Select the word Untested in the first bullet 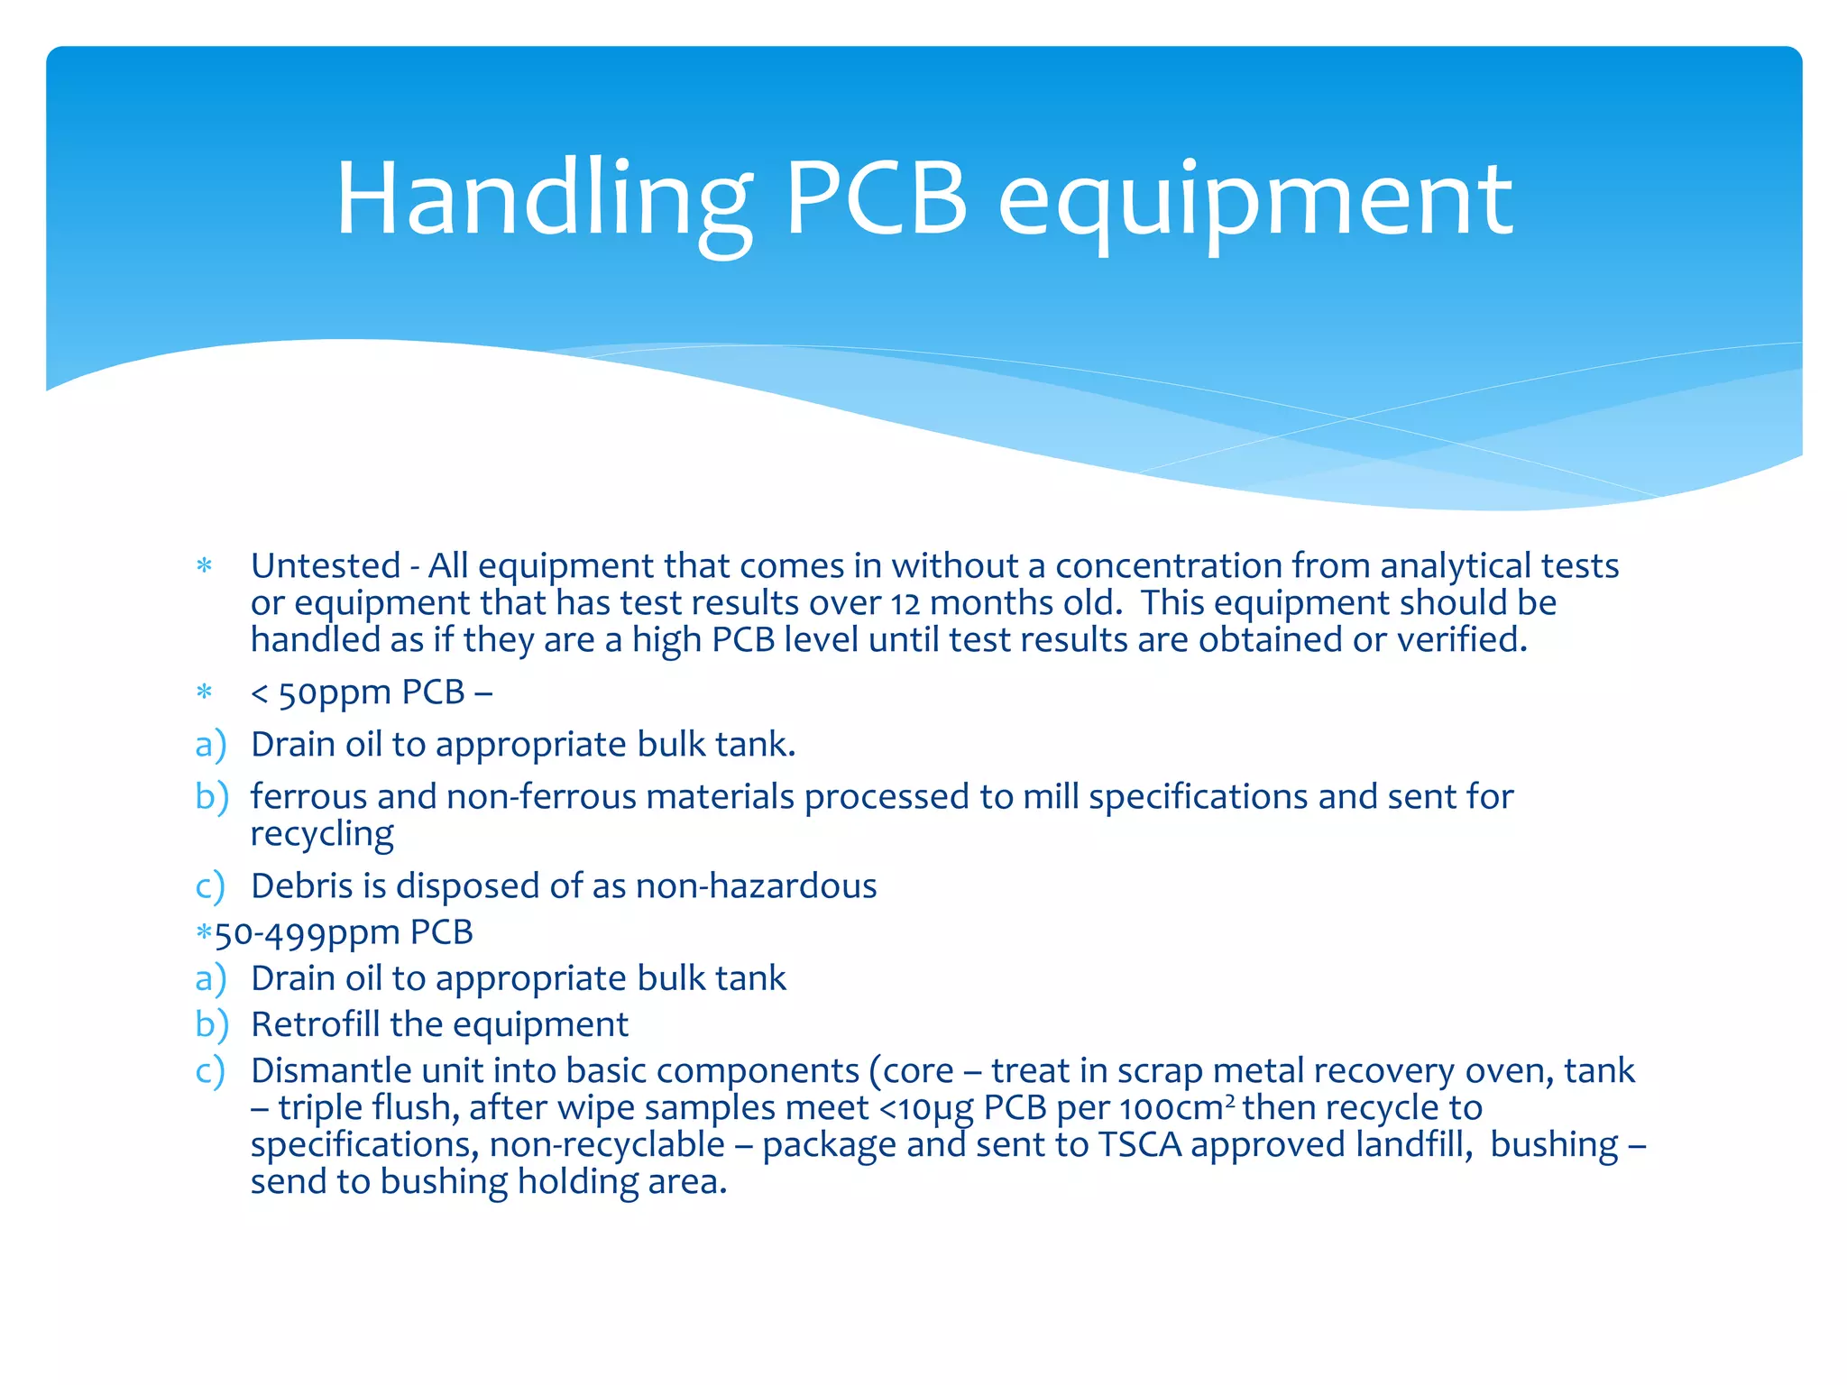pos(326,566)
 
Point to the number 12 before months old pos(905,604)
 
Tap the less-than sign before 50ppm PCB pos(259,693)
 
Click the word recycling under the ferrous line pos(322,834)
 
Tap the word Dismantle pos(331,1071)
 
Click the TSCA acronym pos(1139,1145)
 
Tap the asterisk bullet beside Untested pos(204,567)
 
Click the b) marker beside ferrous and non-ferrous pos(211,797)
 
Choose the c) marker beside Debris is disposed pos(209,886)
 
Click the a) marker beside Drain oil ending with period pos(210,745)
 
